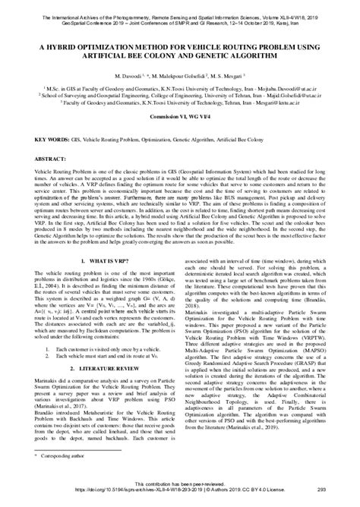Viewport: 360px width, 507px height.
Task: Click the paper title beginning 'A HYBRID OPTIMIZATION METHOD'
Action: pos(179,47)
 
